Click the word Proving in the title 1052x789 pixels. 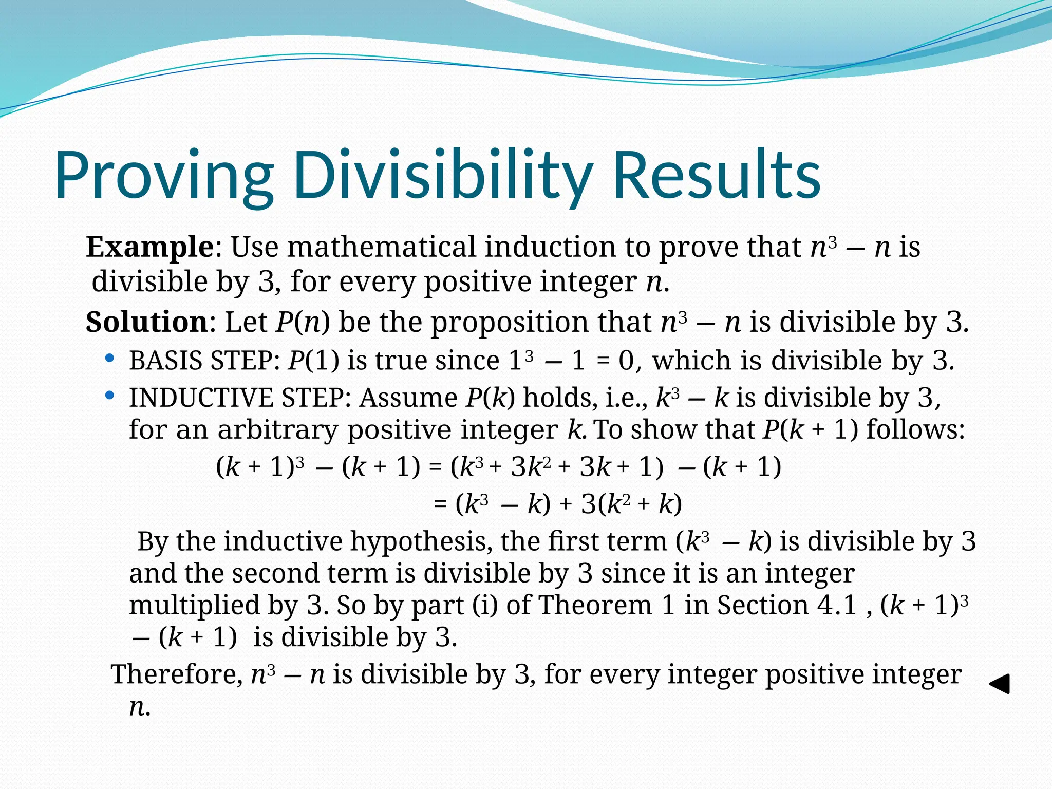tap(163, 175)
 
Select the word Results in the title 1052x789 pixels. tap(717, 175)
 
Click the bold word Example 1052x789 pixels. tap(149, 247)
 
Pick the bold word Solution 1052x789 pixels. tap(146, 322)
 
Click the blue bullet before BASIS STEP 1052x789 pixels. tap(109, 358)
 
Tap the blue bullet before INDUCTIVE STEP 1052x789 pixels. tap(109, 396)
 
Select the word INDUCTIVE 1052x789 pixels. tap(200, 398)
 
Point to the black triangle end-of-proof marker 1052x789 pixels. tap(1000, 684)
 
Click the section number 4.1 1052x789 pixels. tap(837, 605)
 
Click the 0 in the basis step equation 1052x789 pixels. tap(626, 360)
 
